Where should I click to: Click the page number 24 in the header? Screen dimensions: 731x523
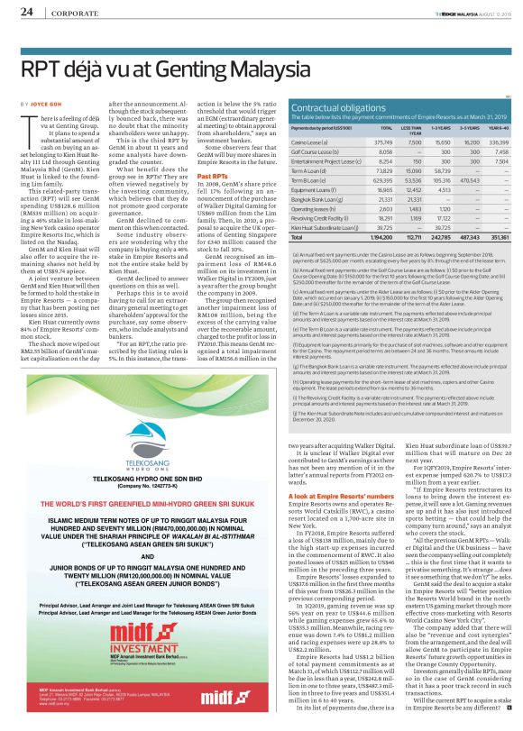(27, 12)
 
